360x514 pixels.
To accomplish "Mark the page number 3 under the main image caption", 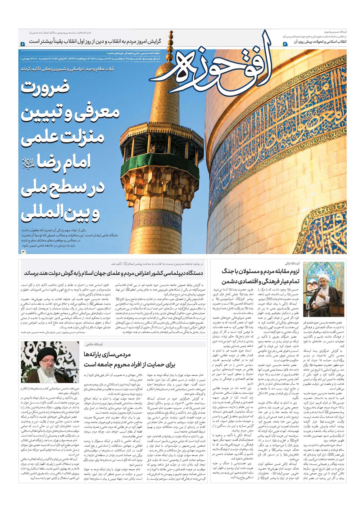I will click(x=23, y=251).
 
